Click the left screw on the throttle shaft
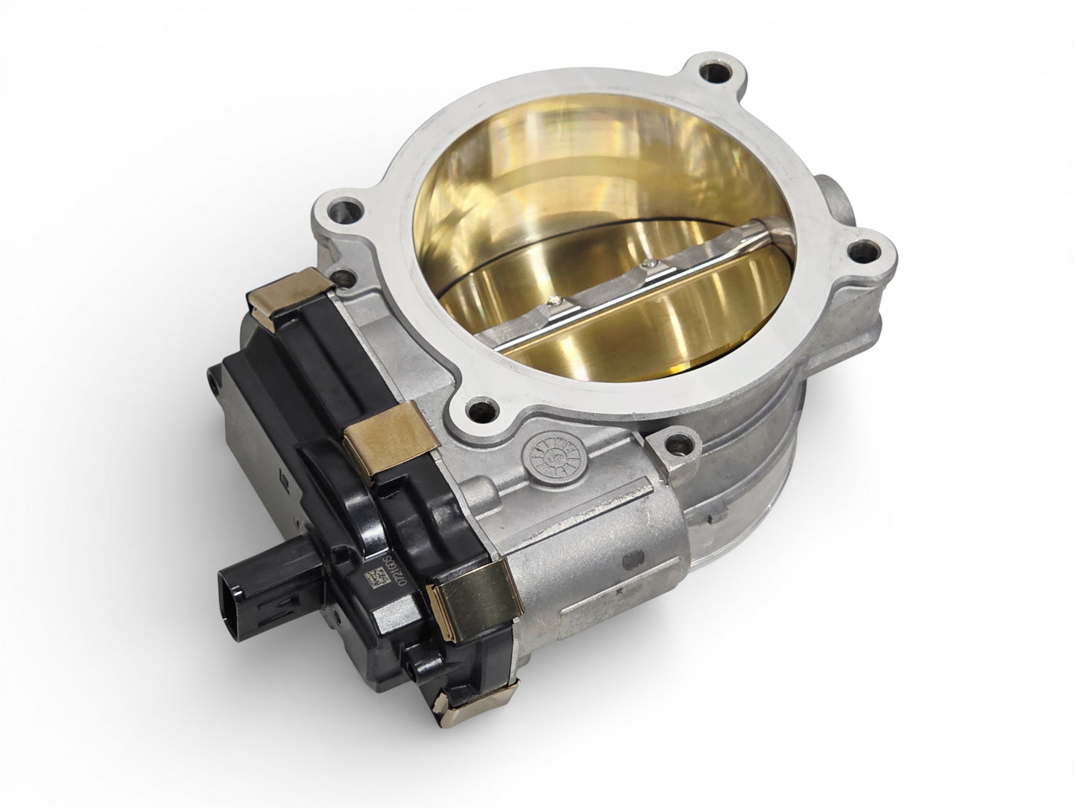point(552,300)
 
